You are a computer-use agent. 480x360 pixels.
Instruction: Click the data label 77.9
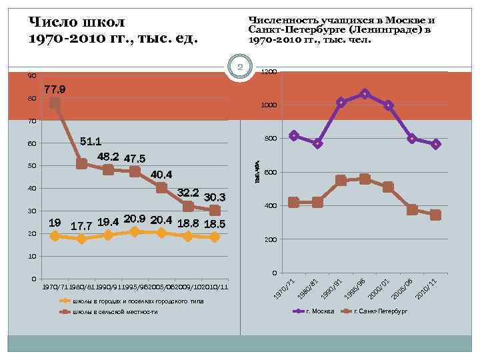(x=55, y=89)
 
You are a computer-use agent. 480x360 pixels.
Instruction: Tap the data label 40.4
(x=161, y=175)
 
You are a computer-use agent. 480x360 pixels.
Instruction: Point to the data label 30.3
(x=215, y=197)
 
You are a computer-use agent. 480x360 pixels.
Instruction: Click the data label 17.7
(x=81, y=226)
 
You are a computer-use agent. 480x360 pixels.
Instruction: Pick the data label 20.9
(x=135, y=219)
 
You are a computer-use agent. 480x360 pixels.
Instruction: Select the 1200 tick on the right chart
(x=269, y=71)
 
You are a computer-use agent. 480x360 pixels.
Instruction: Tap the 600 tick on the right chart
(x=269, y=173)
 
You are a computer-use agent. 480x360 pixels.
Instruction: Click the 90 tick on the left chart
(x=32, y=76)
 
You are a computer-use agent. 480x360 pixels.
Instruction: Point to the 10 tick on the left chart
(x=32, y=257)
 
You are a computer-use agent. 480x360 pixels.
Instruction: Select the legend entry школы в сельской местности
(x=115, y=312)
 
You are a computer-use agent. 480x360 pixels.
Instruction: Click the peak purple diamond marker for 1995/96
(x=364, y=94)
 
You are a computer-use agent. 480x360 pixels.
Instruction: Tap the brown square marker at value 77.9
(x=55, y=103)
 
